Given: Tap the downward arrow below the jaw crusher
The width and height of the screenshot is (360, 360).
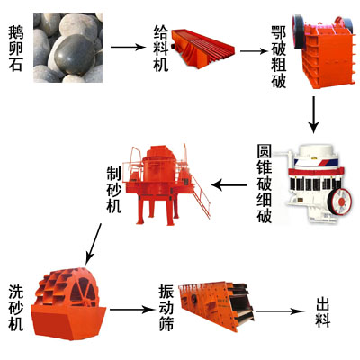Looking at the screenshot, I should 314,112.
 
